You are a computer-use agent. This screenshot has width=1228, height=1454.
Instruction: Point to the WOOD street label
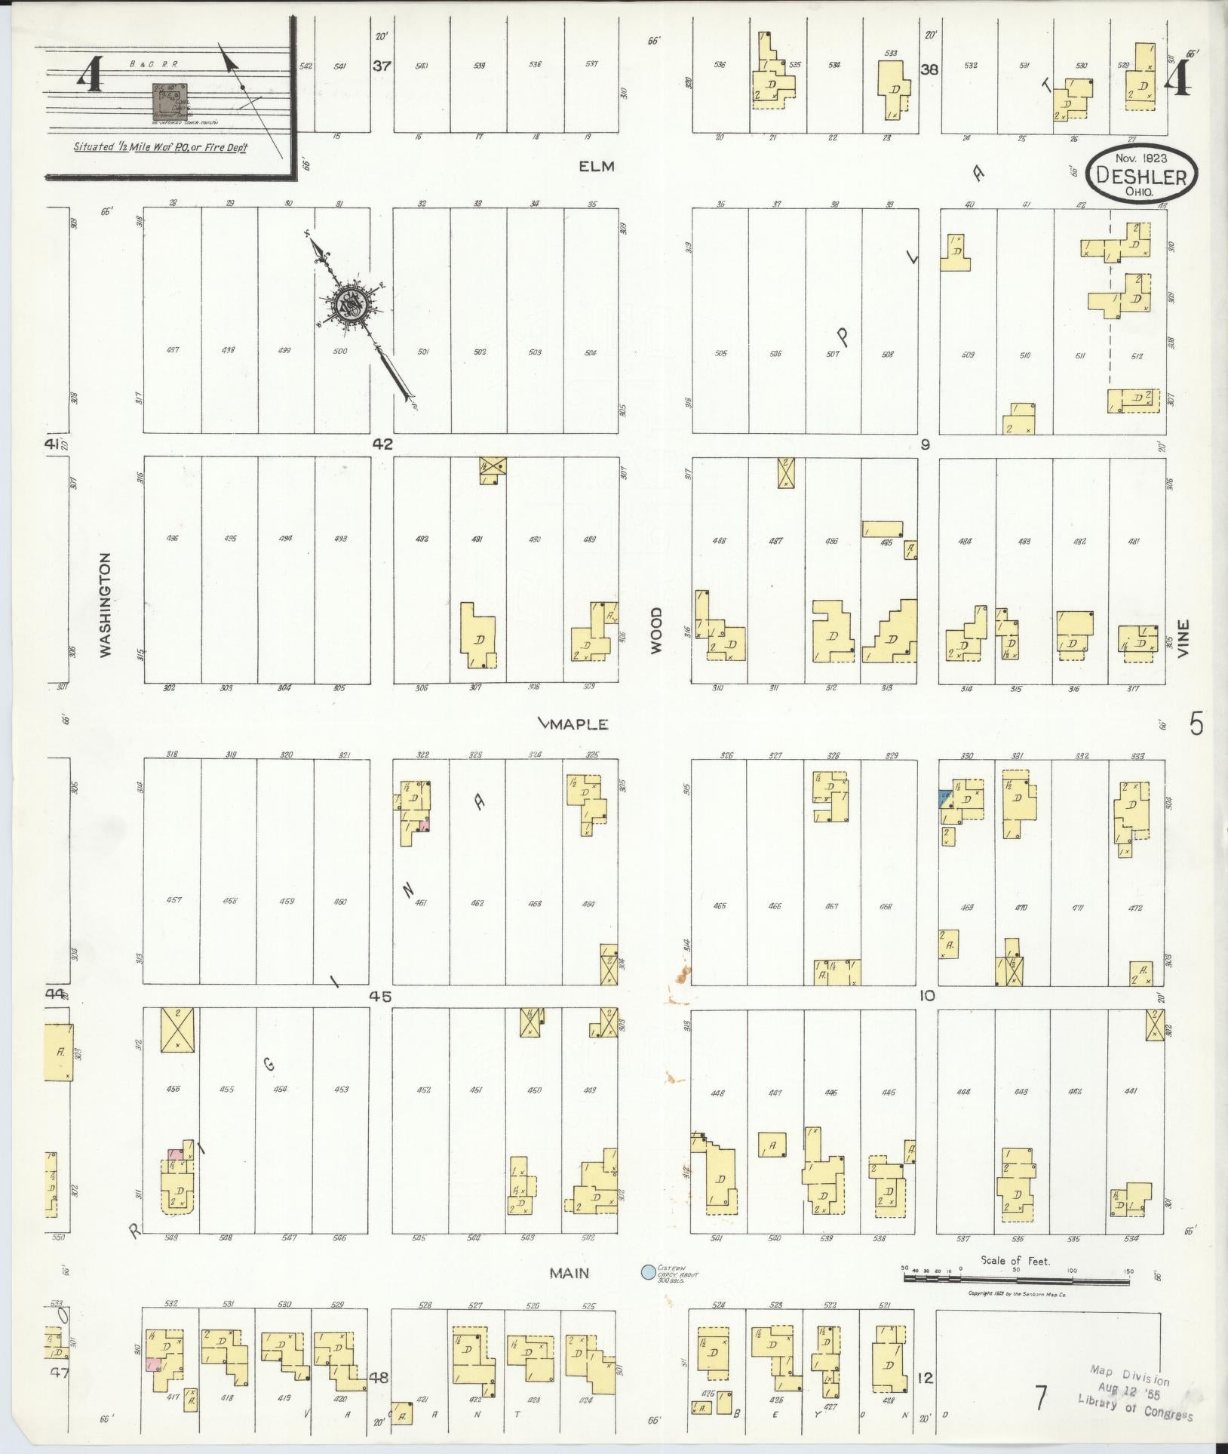coord(656,629)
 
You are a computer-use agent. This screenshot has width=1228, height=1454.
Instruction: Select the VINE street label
coord(1183,638)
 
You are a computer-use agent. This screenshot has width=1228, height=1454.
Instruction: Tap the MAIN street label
coord(569,1274)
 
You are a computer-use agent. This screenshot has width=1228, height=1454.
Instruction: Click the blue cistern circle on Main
coord(647,1272)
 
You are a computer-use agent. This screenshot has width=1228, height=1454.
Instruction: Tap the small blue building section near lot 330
coord(944,798)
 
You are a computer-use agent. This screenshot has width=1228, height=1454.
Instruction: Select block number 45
coord(382,996)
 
